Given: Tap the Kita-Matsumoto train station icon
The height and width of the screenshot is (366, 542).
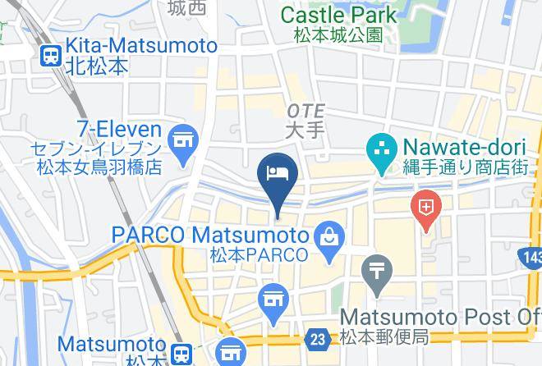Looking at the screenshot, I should pyautogui.click(x=51, y=56).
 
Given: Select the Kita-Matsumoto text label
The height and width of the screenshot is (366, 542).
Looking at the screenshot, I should pyautogui.click(x=140, y=46).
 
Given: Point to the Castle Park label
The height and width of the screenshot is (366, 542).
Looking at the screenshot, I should pyautogui.click(x=338, y=15).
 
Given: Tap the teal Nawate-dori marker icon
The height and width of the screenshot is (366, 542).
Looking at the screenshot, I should pyautogui.click(x=381, y=149).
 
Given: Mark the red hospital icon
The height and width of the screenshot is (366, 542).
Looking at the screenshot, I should pyautogui.click(x=427, y=206).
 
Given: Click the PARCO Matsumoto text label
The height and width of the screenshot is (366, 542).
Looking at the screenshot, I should pyautogui.click(x=210, y=235).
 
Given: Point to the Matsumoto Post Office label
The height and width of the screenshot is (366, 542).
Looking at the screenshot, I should pyautogui.click(x=439, y=317).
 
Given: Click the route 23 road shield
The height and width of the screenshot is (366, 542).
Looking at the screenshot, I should pyautogui.click(x=316, y=338).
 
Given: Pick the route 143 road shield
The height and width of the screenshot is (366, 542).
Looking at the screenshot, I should pyautogui.click(x=531, y=259).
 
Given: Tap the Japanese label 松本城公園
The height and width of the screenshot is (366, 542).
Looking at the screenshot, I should pyautogui.click(x=338, y=34).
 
